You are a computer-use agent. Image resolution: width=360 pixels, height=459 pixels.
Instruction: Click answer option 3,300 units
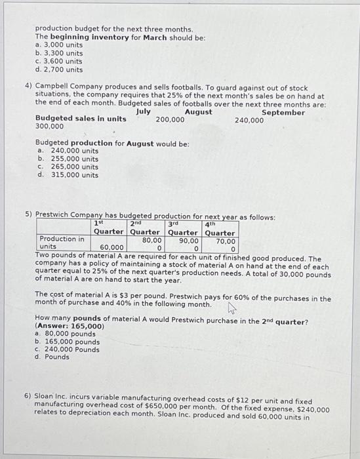coord(62,54)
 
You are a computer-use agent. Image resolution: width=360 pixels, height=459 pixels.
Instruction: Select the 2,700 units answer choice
coord(62,70)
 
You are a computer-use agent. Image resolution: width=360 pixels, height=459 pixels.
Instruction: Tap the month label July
coord(144,112)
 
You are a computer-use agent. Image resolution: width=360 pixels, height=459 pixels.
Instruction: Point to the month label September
coord(283,113)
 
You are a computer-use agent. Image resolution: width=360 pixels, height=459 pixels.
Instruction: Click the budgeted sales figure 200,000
coord(170,120)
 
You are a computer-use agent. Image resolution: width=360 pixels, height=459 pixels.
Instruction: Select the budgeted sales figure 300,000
coord(50,127)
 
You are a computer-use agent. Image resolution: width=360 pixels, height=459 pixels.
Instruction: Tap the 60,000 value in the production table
coord(113,248)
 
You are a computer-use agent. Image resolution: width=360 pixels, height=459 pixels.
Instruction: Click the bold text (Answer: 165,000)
coord(70,326)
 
